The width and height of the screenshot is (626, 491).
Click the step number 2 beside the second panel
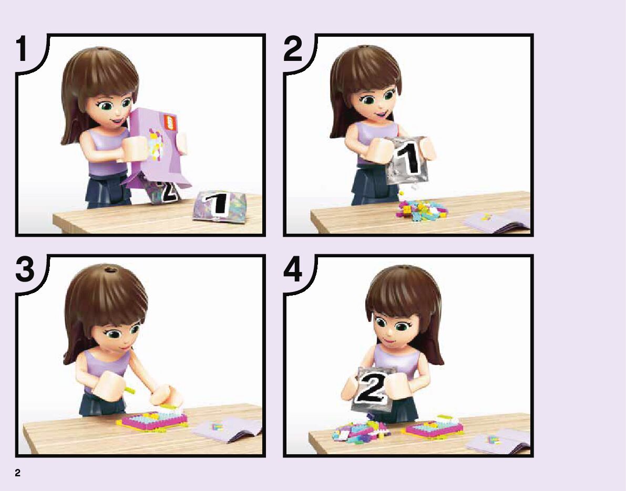coord(293,49)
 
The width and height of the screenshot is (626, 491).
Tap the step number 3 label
coord(25,269)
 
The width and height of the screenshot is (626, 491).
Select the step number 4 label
coord(293,269)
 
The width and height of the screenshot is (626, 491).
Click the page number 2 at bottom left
coord(17,473)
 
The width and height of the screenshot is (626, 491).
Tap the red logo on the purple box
coord(170,122)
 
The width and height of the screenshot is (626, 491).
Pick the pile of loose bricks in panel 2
coord(421,210)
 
